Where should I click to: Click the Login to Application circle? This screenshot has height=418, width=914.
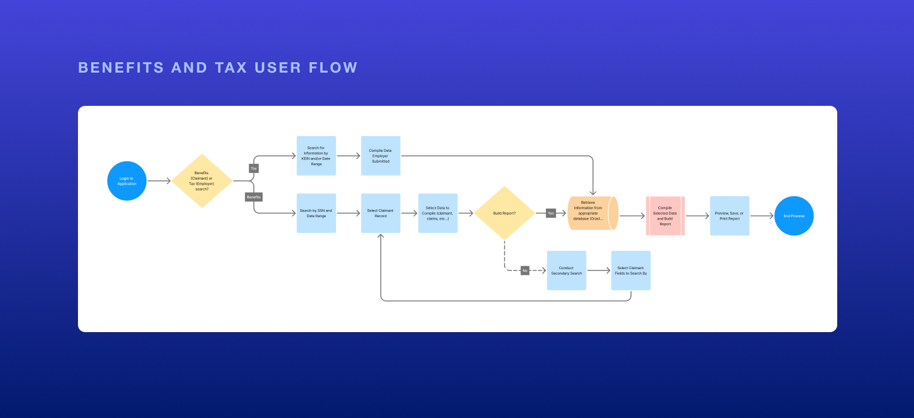(x=127, y=181)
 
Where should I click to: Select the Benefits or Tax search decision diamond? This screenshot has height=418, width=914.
(x=202, y=181)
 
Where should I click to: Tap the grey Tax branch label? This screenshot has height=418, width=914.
(x=254, y=168)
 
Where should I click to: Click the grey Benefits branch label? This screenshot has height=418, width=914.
(x=254, y=197)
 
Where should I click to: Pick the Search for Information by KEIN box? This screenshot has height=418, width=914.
(x=316, y=156)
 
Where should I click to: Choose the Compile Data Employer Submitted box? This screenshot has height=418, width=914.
(x=380, y=156)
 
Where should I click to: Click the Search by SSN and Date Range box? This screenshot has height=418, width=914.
(x=316, y=213)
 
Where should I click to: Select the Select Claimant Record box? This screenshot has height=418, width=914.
(x=380, y=213)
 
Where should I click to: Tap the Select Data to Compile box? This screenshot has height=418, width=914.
(x=438, y=213)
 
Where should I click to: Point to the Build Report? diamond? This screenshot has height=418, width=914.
(x=504, y=213)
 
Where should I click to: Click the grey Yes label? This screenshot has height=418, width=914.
(x=551, y=213)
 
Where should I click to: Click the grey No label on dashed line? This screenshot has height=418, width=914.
(x=525, y=270)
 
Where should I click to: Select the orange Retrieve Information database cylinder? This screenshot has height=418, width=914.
(x=592, y=213)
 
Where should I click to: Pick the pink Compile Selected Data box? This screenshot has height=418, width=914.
(x=665, y=215)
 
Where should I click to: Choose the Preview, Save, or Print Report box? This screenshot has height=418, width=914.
(x=730, y=215)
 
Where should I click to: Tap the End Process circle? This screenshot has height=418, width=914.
(x=794, y=215)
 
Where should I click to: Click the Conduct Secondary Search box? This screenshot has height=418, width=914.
(x=566, y=270)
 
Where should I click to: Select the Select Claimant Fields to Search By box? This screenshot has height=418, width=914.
(x=630, y=270)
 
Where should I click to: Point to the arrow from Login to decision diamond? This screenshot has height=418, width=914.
(x=159, y=181)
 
